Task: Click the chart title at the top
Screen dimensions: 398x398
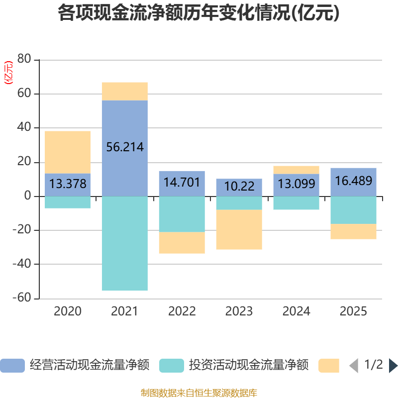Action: tap(199, 13)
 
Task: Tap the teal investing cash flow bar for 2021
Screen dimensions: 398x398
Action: tap(124, 244)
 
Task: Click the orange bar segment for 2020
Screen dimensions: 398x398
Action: tap(68, 152)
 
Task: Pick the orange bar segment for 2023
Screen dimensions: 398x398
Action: tap(239, 229)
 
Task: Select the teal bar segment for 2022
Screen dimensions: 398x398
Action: tap(182, 214)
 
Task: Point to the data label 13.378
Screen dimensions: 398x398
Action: tap(68, 184)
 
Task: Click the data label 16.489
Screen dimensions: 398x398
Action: tap(353, 181)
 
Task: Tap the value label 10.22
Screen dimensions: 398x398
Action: tap(239, 187)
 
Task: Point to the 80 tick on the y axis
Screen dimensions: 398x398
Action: tap(24, 60)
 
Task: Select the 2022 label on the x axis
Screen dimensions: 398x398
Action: tap(182, 312)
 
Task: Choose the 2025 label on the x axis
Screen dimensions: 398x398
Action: tap(353, 312)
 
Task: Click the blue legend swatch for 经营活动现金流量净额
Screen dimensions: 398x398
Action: tap(12, 366)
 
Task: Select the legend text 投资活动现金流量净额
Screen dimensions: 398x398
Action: tap(248, 366)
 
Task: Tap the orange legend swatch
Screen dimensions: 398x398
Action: tap(328, 366)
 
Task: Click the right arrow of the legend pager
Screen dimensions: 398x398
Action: tap(393, 366)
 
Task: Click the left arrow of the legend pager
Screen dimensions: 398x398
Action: tap(353, 366)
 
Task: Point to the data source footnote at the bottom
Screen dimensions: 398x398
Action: tap(199, 393)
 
